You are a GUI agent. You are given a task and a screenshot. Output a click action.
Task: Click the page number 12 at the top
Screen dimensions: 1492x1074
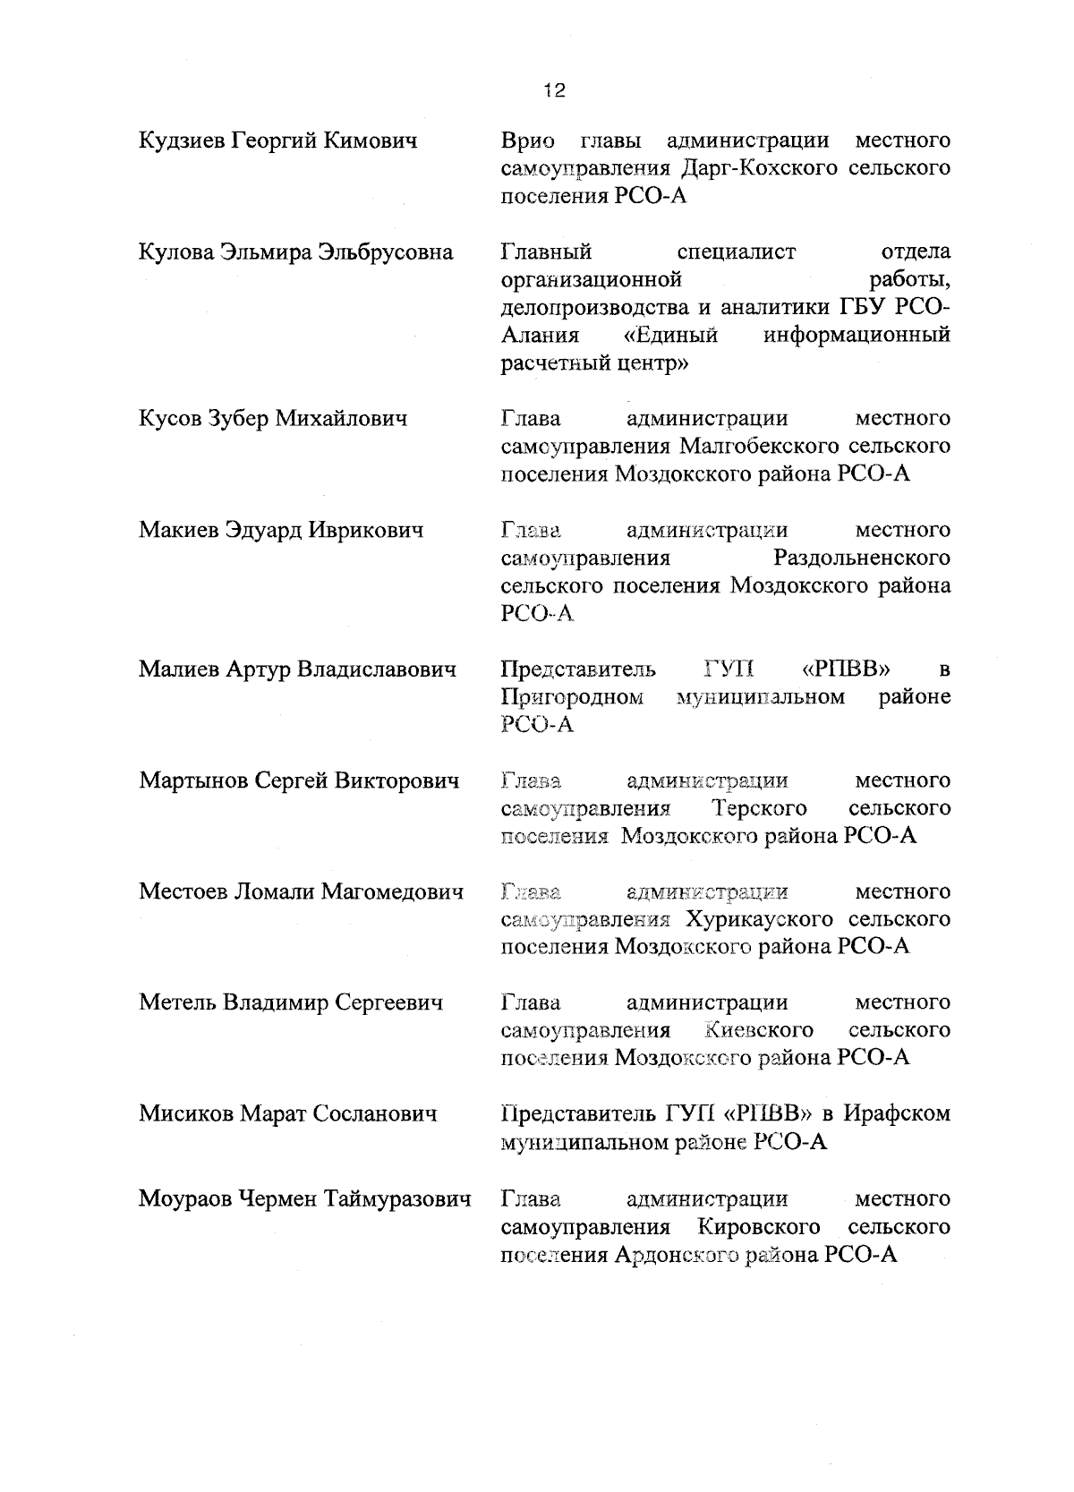(x=554, y=90)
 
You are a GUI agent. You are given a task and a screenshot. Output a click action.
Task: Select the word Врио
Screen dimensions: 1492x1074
(x=527, y=141)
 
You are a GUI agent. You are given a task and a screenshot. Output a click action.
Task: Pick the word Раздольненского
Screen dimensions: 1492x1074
(x=862, y=558)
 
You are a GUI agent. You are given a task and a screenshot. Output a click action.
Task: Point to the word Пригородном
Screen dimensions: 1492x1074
(x=573, y=696)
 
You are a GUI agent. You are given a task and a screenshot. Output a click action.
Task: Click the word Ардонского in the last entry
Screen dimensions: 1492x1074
(x=686, y=1254)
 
